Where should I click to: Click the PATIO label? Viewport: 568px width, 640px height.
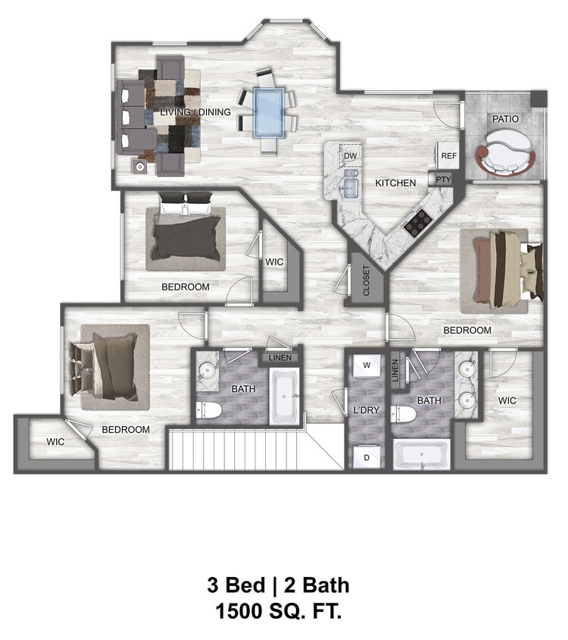(x=505, y=119)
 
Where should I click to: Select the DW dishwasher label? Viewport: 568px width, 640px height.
(x=350, y=156)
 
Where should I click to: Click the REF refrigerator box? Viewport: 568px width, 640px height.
(x=449, y=155)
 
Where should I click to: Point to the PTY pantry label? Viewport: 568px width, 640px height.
(x=443, y=180)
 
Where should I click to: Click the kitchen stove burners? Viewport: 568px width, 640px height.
(x=417, y=221)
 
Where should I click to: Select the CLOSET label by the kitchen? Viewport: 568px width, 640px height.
(x=367, y=281)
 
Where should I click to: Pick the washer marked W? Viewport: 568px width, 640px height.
(x=367, y=365)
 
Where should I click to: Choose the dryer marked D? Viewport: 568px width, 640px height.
(x=367, y=457)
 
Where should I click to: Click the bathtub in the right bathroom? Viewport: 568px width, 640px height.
(x=422, y=456)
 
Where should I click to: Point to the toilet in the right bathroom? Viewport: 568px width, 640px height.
(x=406, y=415)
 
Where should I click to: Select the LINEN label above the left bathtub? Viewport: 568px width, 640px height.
(x=279, y=357)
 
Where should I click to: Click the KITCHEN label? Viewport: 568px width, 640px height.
(x=395, y=183)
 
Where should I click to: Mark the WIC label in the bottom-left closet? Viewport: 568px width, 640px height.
(x=55, y=441)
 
